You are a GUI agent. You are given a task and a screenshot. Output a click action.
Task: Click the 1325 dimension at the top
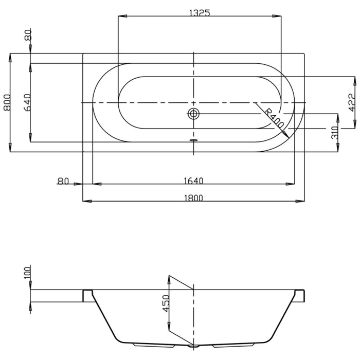[199, 13]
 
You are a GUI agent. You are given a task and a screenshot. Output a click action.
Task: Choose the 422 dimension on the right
[351, 102]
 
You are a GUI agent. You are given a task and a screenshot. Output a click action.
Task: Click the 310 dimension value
[334, 133]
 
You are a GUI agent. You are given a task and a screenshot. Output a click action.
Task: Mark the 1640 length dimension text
[194, 180]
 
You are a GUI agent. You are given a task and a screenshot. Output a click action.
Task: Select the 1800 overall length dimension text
[194, 197]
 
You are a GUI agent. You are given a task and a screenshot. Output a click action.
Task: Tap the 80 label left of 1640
[63, 181]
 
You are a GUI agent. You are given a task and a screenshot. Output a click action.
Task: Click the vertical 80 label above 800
[28, 35]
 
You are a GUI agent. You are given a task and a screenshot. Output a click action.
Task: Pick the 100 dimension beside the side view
[28, 271]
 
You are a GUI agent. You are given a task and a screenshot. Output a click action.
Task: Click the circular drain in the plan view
[193, 114]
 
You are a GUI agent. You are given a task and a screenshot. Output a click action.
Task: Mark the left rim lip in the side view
[88, 295]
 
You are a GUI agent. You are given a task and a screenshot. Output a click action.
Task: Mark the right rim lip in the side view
[300, 295]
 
